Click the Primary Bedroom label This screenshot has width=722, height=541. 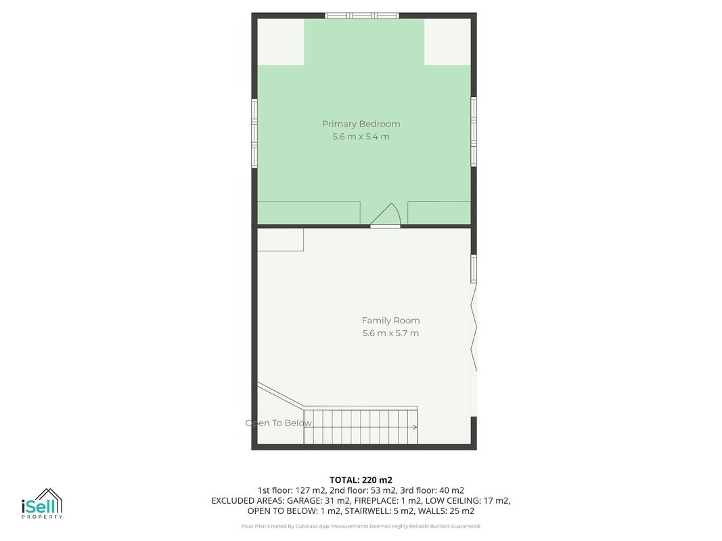point(361,124)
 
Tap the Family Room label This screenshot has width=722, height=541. point(390,321)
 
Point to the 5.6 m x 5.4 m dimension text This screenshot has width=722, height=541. point(361,137)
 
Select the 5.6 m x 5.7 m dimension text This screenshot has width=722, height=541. point(390,333)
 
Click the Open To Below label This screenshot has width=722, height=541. point(279,423)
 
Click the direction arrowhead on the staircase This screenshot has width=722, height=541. point(415,427)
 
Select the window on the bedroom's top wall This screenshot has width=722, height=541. point(362,16)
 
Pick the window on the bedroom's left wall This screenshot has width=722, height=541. point(254,133)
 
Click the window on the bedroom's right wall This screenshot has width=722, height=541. point(474,132)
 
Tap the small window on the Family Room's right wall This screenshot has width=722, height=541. point(474,268)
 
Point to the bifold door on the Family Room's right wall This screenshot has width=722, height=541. point(474,327)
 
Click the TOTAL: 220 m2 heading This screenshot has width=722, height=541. point(361,480)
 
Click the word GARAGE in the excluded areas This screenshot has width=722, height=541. point(303,501)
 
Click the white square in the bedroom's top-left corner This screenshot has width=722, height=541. point(280,42)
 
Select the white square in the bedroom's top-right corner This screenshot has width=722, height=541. point(447,42)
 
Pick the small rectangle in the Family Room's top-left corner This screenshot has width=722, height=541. point(280,239)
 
